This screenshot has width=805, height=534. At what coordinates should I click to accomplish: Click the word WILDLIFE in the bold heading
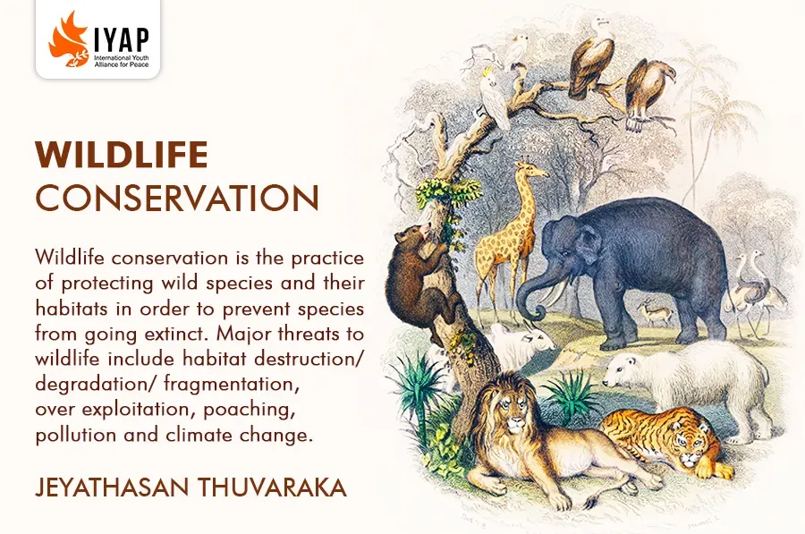point(122,155)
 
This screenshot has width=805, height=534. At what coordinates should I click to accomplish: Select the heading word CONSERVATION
point(177,198)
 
